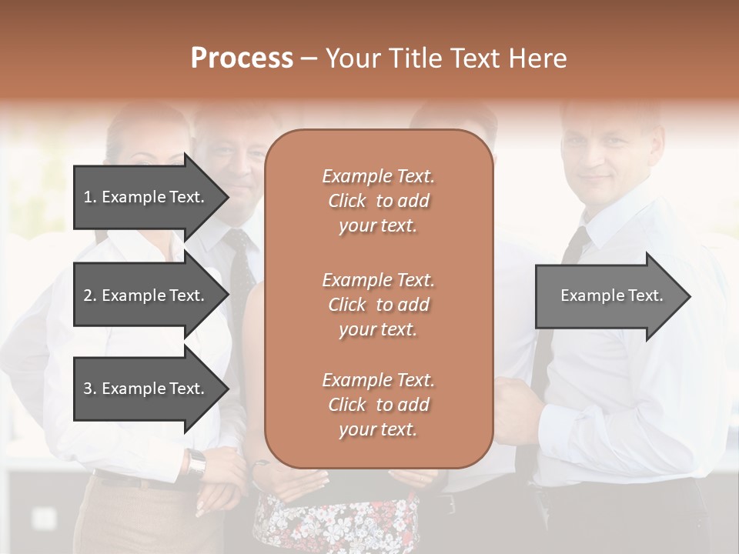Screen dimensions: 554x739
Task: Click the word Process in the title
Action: click(x=242, y=58)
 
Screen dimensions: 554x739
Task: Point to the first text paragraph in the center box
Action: click(x=378, y=201)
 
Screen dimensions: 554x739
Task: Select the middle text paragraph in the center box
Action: click(x=378, y=305)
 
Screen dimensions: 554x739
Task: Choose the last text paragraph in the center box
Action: click(x=378, y=405)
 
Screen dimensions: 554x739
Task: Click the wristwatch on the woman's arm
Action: click(x=196, y=462)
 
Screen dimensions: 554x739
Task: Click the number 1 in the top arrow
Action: click(x=88, y=197)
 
